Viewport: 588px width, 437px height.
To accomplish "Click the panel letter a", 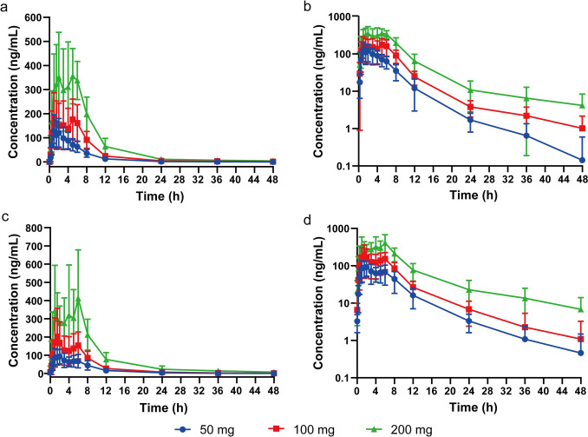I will (x=5, y=7).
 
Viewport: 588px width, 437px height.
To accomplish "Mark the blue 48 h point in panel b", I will (x=580, y=160).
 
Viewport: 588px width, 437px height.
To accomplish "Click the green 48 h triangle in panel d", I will (x=580, y=309).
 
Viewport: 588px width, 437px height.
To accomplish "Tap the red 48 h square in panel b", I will (x=580, y=129).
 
